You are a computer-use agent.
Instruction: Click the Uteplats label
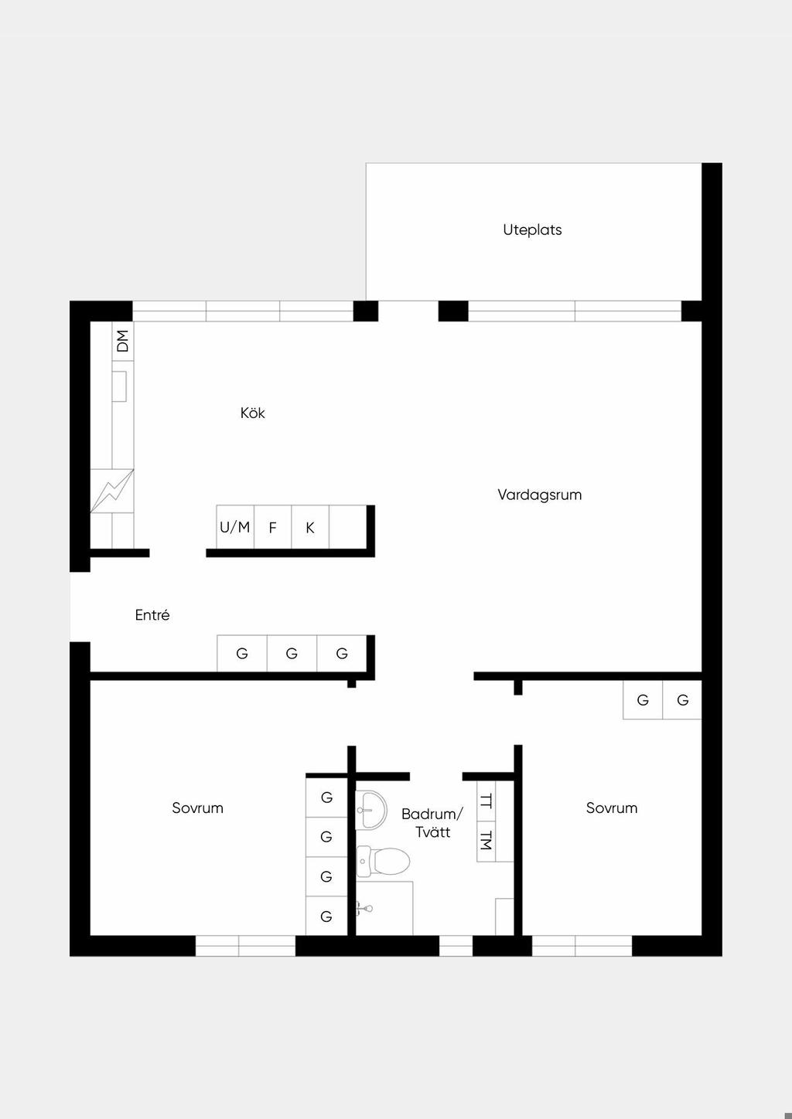tap(532, 230)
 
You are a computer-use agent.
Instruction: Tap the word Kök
tap(252, 413)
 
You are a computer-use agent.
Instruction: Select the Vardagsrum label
tap(540, 495)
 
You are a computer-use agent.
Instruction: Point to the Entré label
tap(152, 614)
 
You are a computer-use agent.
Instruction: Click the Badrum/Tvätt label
tap(432, 823)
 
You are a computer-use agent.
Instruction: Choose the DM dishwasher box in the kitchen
tap(122, 342)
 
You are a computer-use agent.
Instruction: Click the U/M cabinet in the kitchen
tap(235, 527)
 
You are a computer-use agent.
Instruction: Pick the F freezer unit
tap(272, 527)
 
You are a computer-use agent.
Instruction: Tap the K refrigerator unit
tap(310, 527)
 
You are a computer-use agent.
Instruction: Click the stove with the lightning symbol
tap(112, 491)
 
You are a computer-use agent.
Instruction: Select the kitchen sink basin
tap(119, 386)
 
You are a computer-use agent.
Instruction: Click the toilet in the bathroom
tap(384, 861)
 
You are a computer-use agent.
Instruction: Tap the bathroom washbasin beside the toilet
tap(371, 810)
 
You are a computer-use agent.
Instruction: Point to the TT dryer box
tap(486, 801)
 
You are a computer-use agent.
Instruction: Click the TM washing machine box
tap(486, 842)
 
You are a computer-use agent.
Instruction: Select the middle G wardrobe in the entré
tap(292, 654)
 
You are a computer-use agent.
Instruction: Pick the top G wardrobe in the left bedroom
tap(326, 798)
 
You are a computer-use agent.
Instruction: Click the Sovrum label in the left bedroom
tap(197, 808)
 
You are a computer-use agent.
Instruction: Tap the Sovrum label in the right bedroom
tap(612, 808)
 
